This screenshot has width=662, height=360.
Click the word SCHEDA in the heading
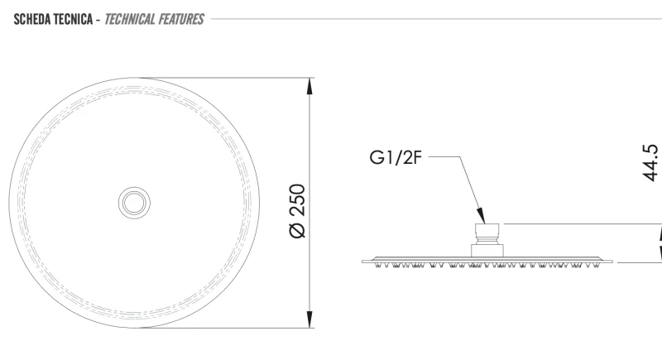[x=32, y=19]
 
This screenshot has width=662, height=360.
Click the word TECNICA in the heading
[x=74, y=19]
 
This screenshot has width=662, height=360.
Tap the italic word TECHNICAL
[x=130, y=19]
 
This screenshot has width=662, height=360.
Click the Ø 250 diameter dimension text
[x=298, y=211]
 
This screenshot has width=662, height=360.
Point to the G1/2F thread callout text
[x=396, y=157]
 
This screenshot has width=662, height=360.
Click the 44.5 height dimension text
[x=650, y=163]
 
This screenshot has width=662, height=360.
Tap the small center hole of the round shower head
[x=134, y=203]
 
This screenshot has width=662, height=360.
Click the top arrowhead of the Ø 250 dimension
[x=309, y=86]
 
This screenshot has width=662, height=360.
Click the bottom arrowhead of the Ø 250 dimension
[x=309, y=319]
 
